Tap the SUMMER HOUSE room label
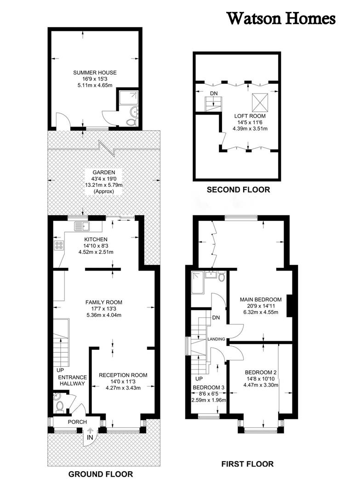point(95,73)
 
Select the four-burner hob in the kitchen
point(59,245)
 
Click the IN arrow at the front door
point(90,431)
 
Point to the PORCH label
point(77,422)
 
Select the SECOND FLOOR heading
point(239,190)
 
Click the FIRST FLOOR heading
point(247,464)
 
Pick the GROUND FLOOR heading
point(101,474)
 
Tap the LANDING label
point(216,339)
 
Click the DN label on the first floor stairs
point(216,318)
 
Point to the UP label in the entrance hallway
point(61,370)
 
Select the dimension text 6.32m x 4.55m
point(261,312)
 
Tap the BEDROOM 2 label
point(261,372)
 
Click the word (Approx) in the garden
point(103,191)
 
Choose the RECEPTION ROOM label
point(123,376)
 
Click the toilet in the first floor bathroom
point(222,277)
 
